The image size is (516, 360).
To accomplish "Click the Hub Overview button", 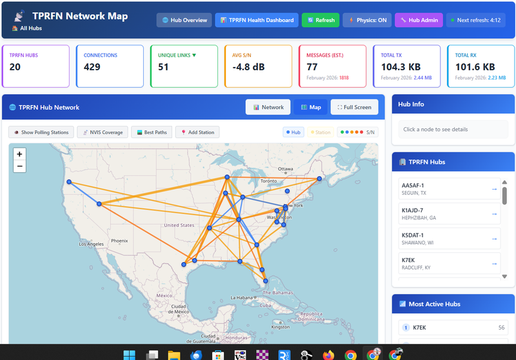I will click(x=184, y=20).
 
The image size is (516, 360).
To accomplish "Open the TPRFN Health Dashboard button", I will click(x=256, y=20).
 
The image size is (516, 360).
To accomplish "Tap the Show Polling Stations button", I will click(x=41, y=132).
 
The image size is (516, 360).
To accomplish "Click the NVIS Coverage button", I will click(x=101, y=132).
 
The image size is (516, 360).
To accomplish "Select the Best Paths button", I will click(x=151, y=132).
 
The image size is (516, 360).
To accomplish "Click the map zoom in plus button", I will click(x=19, y=154).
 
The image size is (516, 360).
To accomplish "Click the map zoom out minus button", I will click(x=19, y=166).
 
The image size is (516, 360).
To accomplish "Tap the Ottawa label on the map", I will click(x=286, y=169).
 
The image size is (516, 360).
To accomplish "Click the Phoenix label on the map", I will click(x=119, y=241).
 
